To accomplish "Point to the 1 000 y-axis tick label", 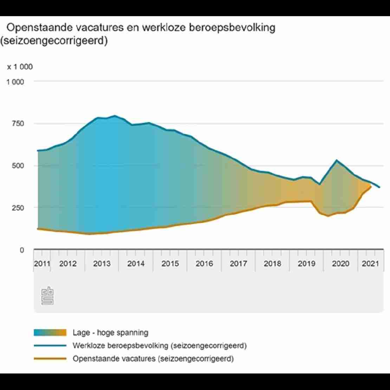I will tap(15, 82).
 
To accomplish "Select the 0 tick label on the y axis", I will tap(21, 250).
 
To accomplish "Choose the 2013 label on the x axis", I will tap(102, 264).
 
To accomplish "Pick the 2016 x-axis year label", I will tap(204, 264).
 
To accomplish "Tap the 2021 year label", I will tap(370, 264).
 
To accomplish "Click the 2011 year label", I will tap(42, 264).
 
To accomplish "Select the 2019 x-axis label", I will tap(306, 264).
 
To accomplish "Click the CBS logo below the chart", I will tap(47, 296).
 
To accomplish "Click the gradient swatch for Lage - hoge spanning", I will tap(50, 333).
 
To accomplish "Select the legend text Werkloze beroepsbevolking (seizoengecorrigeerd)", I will tap(160, 345).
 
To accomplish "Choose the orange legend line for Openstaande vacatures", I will tap(50, 359).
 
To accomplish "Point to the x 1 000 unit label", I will tap(20, 67).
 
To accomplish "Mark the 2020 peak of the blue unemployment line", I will tap(337, 160).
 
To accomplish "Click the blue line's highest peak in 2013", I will tap(115, 116).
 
